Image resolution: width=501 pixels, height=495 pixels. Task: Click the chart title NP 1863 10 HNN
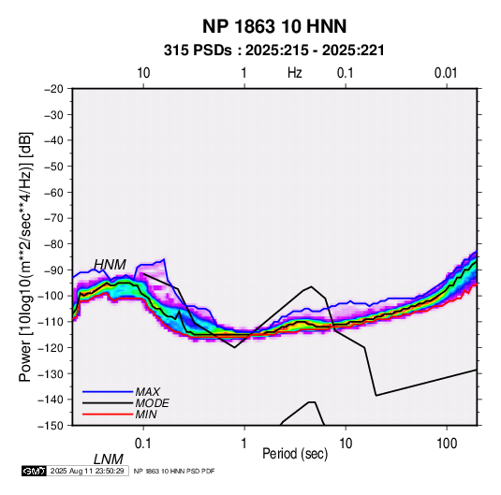click(274, 26)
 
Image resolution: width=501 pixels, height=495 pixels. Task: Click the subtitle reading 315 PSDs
click(198, 51)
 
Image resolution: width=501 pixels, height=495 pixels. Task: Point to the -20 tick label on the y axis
click(53, 89)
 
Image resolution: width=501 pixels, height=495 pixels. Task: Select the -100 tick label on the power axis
click(51, 296)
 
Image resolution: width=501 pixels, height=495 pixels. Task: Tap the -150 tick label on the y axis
click(51, 426)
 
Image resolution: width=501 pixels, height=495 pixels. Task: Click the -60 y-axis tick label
click(53, 192)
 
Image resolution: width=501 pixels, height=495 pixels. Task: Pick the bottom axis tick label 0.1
click(143, 444)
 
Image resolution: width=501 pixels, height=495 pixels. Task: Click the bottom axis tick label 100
click(447, 444)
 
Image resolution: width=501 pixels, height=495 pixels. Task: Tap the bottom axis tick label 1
click(244, 444)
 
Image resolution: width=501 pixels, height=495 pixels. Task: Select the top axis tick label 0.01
click(446, 73)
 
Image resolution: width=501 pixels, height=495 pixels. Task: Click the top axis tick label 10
click(143, 73)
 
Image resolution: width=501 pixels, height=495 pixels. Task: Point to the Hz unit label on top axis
click(295, 73)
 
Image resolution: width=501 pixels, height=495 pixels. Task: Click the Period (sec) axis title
click(295, 454)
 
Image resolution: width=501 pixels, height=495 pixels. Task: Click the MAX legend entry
click(147, 392)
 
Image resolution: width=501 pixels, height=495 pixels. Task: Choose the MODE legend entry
click(152, 403)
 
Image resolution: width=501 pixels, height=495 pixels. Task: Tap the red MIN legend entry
click(146, 415)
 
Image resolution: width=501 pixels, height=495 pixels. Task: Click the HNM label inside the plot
click(110, 265)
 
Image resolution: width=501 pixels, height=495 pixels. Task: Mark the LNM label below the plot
click(109, 459)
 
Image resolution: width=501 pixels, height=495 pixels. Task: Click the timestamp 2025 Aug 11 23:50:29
click(87, 471)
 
